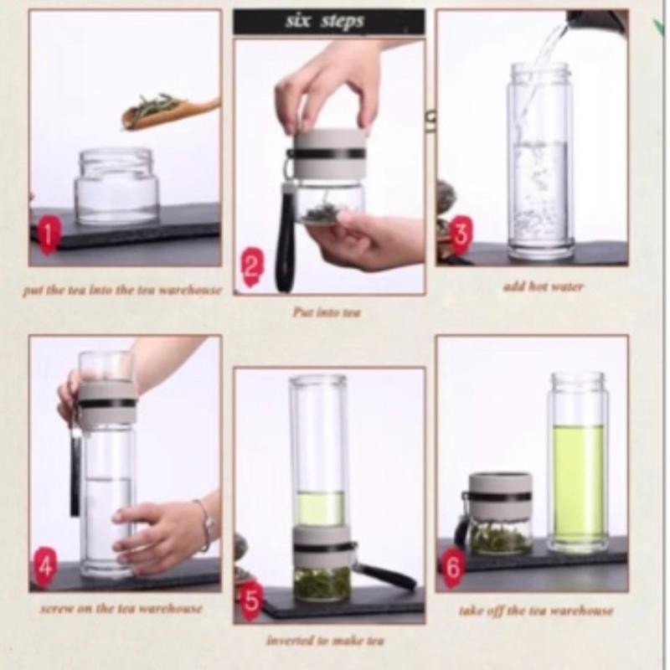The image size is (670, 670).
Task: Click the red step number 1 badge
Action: pos(49,235)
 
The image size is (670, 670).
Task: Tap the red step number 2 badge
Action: pos(252,267)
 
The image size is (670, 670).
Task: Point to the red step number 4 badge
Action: pos(45,565)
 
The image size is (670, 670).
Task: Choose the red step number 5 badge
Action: pos(252,600)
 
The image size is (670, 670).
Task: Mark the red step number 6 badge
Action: pos(454,567)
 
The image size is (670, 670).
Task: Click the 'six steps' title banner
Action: pos(328,22)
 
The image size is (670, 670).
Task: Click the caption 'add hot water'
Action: pos(543,286)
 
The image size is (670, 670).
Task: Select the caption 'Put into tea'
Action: pos(327,312)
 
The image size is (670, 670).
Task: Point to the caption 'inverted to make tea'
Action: pos(326,641)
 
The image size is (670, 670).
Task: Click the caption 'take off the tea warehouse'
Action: pos(536,611)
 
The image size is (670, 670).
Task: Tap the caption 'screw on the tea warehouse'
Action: pos(121,608)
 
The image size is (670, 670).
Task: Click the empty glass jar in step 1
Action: pos(116,187)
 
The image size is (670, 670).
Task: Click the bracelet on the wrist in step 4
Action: pos(207,525)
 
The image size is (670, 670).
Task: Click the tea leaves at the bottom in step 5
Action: pos(322,583)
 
